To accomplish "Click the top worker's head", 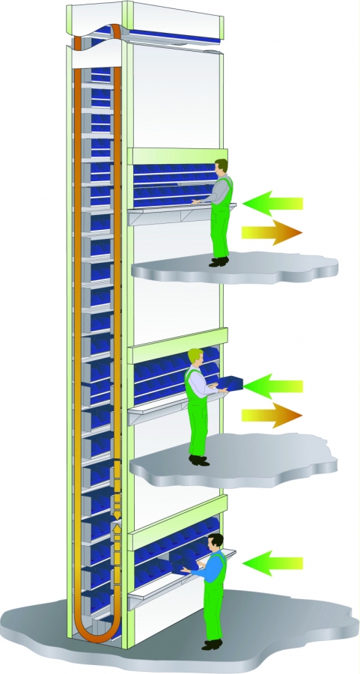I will point(221,166).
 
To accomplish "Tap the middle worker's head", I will point(195,356).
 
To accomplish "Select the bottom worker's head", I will point(216,541).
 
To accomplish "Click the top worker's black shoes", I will point(219,261).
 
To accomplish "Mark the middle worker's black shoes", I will point(198,460).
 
